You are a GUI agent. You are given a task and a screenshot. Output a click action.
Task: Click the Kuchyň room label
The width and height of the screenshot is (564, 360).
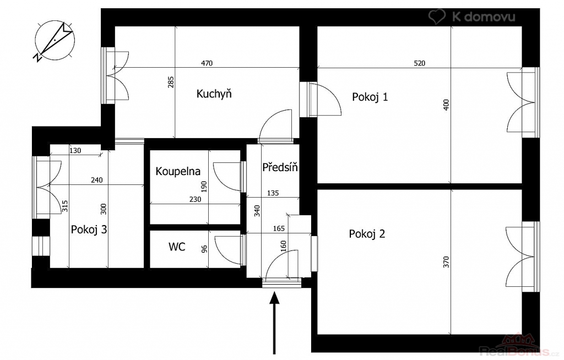click(x=214, y=94)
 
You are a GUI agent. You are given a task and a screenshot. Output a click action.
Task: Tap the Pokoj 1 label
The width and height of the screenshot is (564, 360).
click(x=370, y=97)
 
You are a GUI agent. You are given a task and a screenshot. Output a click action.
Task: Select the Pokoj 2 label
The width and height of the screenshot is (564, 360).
click(x=367, y=234)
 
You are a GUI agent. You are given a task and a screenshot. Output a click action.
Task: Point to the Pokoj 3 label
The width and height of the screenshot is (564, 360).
click(x=89, y=230)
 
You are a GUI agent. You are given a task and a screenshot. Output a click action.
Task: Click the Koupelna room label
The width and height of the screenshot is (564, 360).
click(x=178, y=171)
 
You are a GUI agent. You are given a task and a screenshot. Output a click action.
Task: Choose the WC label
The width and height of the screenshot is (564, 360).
click(x=177, y=247)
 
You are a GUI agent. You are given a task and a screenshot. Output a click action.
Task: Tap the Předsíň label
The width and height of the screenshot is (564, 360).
click(x=280, y=167)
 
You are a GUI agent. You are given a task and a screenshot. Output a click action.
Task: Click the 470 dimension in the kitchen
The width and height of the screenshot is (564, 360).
click(x=207, y=63)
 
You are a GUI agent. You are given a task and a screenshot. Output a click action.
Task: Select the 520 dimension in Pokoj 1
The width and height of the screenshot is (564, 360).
click(x=419, y=63)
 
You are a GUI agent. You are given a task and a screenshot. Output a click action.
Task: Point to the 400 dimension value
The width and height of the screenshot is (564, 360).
click(x=446, y=105)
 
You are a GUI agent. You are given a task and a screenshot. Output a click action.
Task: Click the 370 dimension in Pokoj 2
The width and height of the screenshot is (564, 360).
click(x=446, y=262)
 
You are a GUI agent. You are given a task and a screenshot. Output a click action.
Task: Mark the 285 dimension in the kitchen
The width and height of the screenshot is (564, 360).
click(x=171, y=82)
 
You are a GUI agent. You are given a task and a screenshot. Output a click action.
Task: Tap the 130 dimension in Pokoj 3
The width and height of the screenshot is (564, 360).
click(x=75, y=151)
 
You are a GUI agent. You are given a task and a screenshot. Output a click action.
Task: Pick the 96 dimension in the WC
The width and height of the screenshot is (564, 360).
click(x=205, y=249)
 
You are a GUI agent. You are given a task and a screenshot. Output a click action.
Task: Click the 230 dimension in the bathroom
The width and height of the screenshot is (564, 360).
click(x=196, y=199)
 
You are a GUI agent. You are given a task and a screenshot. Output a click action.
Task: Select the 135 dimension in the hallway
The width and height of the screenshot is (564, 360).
click(x=273, y=193)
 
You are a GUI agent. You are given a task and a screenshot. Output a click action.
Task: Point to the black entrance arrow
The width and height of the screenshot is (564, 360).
click(x=274, y=323)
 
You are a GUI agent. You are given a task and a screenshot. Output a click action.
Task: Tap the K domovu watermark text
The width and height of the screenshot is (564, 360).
click(x=483, y=17)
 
